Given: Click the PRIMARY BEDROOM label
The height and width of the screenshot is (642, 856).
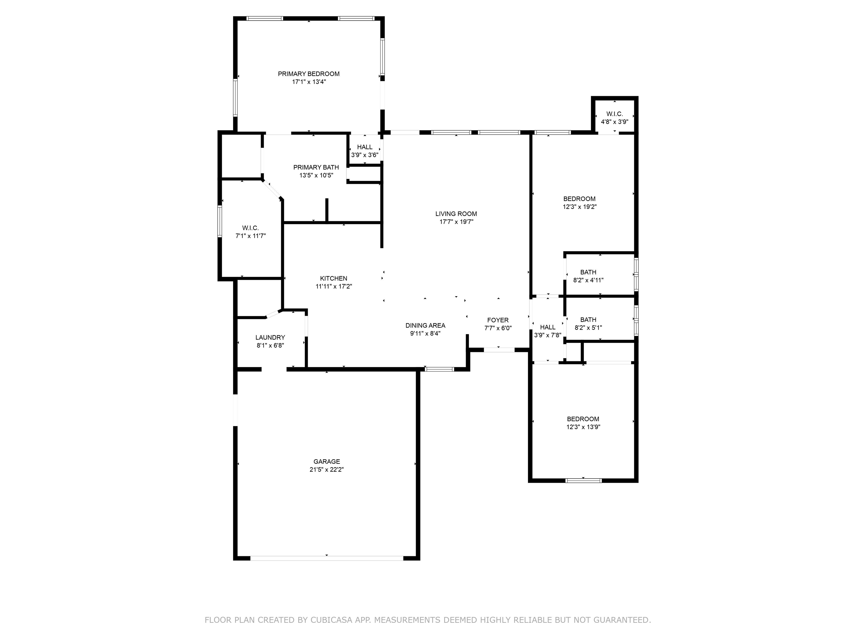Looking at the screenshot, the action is (x=308, y=74).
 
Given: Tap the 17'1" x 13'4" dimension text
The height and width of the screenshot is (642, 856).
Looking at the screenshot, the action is (x=309, y=82).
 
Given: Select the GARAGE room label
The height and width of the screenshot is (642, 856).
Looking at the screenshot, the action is (x=327, y=462).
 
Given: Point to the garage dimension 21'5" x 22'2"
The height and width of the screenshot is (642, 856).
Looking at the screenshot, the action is (x=327, y=470).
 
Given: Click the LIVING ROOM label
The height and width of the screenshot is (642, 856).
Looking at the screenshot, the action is (x=456, y=214).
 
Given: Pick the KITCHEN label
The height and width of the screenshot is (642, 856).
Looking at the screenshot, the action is (x=334, y=279).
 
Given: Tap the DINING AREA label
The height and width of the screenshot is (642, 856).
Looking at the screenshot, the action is (x=425, y=325).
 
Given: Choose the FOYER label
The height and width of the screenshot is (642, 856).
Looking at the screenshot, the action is (x=498, y=320).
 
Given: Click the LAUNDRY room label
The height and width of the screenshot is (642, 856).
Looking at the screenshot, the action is (x=270, y=337).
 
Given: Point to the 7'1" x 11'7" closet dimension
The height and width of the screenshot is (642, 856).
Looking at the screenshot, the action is (x=251, y=236).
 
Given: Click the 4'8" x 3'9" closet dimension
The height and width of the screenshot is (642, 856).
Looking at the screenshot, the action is (x=614, y=121).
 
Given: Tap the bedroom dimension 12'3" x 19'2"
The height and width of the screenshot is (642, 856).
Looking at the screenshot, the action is (x=579, y=207).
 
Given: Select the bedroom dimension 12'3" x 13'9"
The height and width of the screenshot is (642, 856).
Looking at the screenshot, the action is (x=583, y=427).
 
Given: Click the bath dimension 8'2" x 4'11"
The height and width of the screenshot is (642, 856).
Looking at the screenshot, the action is (x=588, y=280).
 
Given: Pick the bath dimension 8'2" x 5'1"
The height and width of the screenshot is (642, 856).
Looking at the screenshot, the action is (x=588, y=328).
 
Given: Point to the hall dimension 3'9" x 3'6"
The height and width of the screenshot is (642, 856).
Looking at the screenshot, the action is (x=364, y=155).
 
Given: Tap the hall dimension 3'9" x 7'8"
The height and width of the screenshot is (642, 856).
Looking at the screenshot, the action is (x=548, y=335).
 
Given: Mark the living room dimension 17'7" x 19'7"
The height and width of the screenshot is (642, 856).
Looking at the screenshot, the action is (x=456, y=222).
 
